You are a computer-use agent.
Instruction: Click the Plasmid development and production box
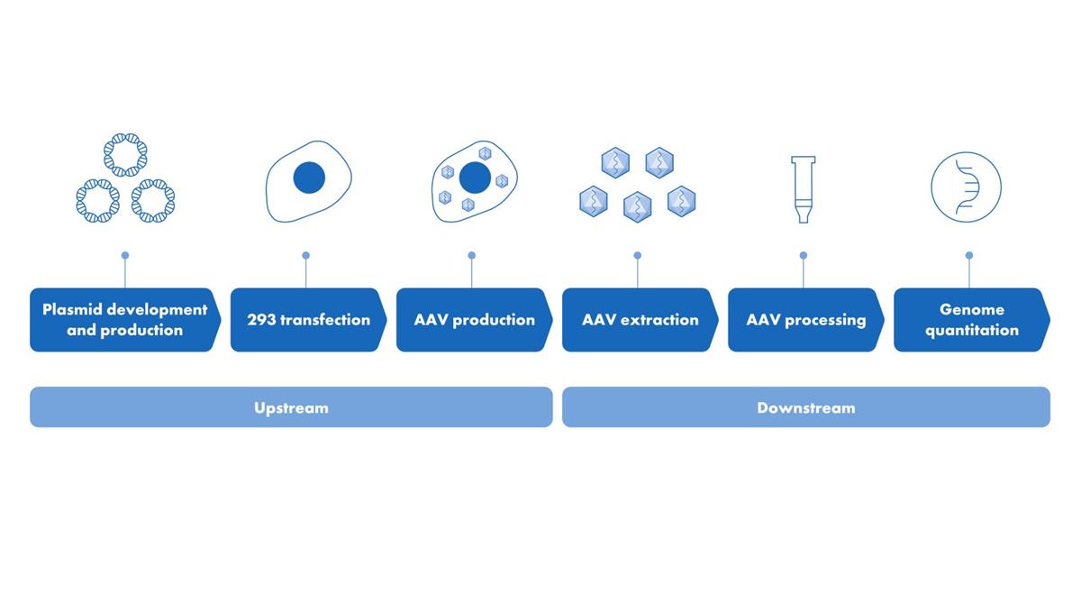point(125,320)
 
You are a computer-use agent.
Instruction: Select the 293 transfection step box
point(308,320)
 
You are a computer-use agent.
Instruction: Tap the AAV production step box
point(475,320)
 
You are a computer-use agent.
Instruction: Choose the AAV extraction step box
point(640,320)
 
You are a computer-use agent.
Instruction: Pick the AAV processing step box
point(806,320)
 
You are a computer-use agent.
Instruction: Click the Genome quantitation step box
point(972,320)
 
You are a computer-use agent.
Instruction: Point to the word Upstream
point(291,408)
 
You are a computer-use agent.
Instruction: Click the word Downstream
point(806,408)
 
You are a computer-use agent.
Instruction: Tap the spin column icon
point(803,189)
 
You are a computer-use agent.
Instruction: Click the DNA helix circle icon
point(966,153)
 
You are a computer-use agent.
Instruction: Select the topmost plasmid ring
point(125,134)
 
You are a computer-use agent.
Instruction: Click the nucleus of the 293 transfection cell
point(309,178)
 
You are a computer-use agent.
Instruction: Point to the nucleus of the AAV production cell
point(476,178)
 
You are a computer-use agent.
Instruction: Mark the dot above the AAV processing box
point(804,255)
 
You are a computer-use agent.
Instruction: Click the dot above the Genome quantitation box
point(969,255)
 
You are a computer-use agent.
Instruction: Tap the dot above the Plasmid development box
point(125,255)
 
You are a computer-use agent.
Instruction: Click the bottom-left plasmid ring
point(98,180)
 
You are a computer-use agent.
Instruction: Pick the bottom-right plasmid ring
point(153,180)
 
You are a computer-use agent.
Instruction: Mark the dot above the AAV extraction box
point(638,255)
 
